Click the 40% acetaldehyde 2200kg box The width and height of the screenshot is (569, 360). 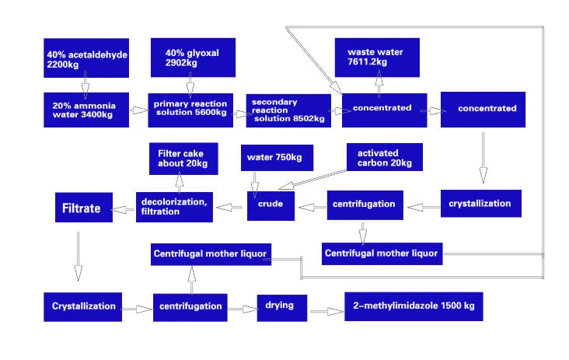pyautogui.click(x=86, y=58)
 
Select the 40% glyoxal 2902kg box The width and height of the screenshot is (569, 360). pyautogui.click(x=192, y=57)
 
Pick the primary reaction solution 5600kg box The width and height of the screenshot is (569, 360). pyautogui.click(x=190, y=110)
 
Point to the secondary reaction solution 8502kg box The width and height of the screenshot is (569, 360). pyautogui.click(x=287, y=110)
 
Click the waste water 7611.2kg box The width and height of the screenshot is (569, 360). pyautogui.click(x=377, y=56)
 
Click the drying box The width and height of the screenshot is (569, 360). pyautogui.click(x=282, y=306)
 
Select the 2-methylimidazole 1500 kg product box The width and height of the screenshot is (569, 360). pyautogui.click(x=414, y=306)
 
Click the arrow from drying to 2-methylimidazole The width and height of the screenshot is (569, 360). pyautogui.click(x=326, y=312)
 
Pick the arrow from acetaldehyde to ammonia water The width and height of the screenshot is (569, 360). pyautogui.click(x=86, y=85)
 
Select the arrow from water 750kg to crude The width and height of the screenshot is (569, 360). pyautogui.click(x=253, y=181)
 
